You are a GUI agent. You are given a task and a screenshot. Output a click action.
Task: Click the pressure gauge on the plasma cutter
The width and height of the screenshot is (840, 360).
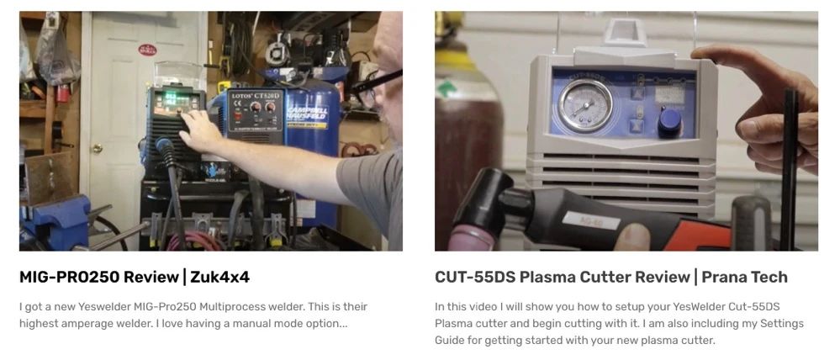[585, 105]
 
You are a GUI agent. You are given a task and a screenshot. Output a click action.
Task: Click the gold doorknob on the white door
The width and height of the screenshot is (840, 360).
[97, 148]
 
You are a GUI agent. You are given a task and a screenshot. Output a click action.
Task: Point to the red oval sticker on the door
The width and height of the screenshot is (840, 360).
[147, 50]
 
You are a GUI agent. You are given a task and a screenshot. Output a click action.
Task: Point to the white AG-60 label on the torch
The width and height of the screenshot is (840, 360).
[591, 220]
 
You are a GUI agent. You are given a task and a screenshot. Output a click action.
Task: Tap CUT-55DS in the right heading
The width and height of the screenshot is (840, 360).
[474, 278]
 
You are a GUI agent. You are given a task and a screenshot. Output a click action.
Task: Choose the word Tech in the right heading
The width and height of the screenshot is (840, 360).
[769, 278]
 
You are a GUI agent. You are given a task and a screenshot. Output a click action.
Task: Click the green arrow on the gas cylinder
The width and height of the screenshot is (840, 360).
[445, 89]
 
